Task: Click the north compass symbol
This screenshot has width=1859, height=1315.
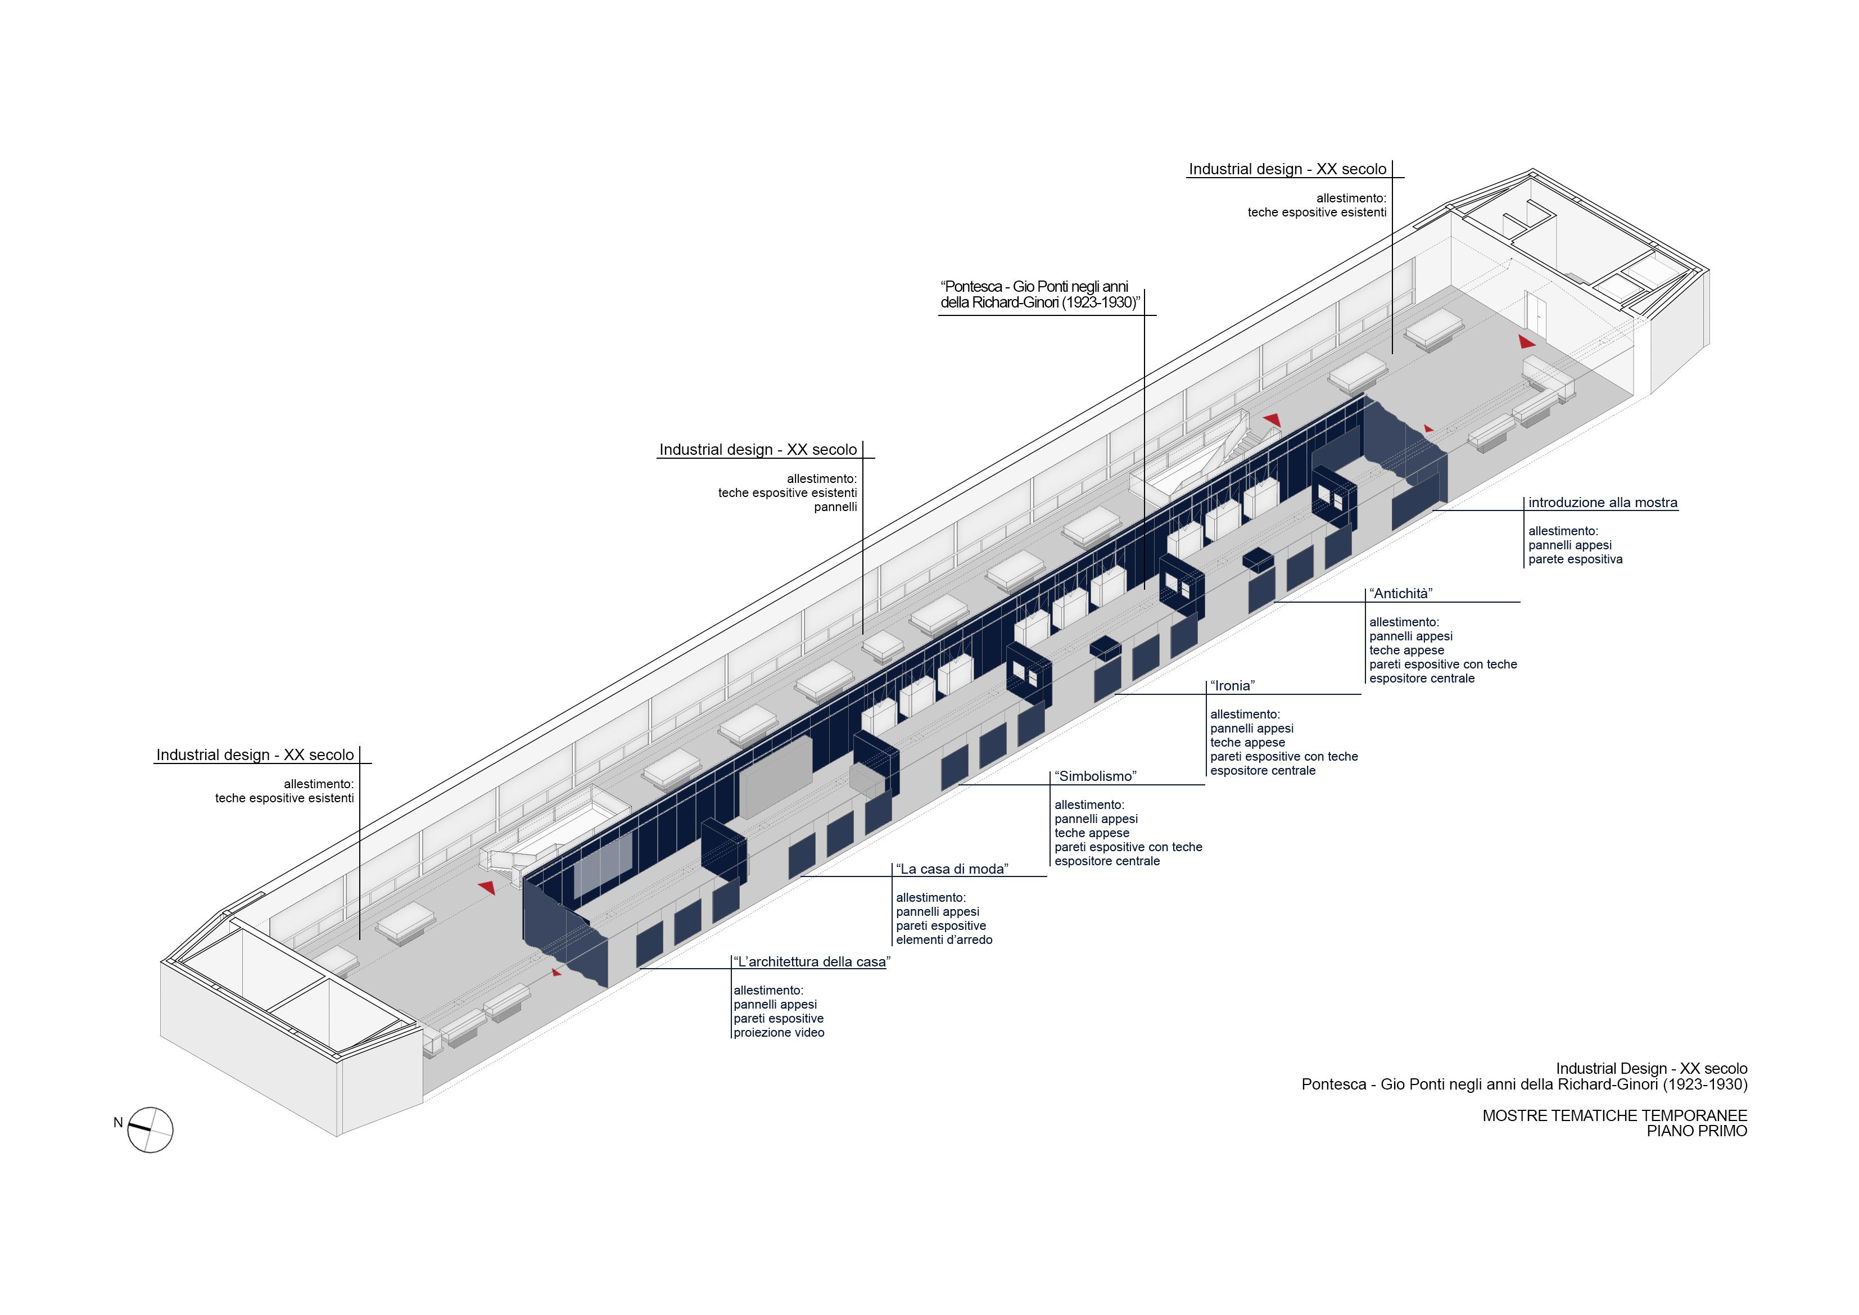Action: [x=151, y=1129]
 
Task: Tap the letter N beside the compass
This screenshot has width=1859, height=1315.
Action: [x=118, y=1122]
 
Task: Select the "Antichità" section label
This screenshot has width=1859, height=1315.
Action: [x=1401, y=594]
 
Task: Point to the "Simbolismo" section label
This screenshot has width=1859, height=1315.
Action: [x=1096, y=776]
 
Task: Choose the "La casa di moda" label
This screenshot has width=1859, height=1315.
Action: [x=952, y=869]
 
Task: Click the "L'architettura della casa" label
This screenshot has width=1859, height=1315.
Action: [x=811, y=962]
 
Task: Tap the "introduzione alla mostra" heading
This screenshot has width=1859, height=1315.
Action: [x=1602, y=502]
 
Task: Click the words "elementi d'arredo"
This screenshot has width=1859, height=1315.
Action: [x=944, y=940]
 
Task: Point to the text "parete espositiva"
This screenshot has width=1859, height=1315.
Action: [x=1575, y=559]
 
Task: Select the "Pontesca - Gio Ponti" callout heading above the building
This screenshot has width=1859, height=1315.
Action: [x=1039, y=295]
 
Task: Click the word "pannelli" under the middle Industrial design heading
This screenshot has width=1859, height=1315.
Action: [x=835, y=507]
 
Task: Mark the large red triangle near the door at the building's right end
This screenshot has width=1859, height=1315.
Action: [x=1526, y=342]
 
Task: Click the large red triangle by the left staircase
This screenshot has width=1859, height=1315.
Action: [x=487, y=888]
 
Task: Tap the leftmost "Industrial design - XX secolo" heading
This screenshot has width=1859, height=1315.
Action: [x=255, y=754]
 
